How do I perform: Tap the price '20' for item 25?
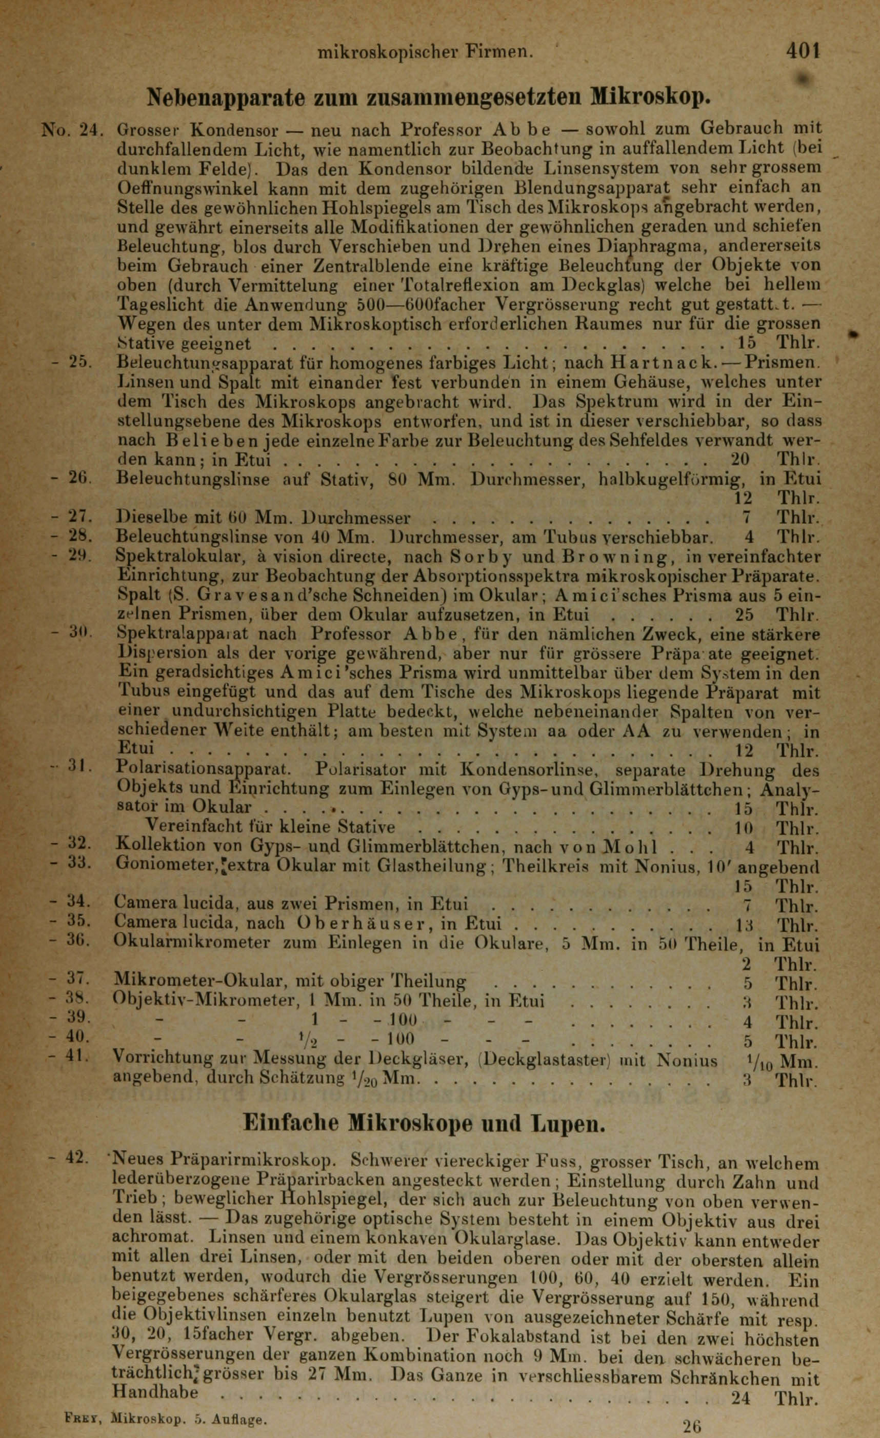(x=740, y=460)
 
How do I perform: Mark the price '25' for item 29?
(x=744, y=614)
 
